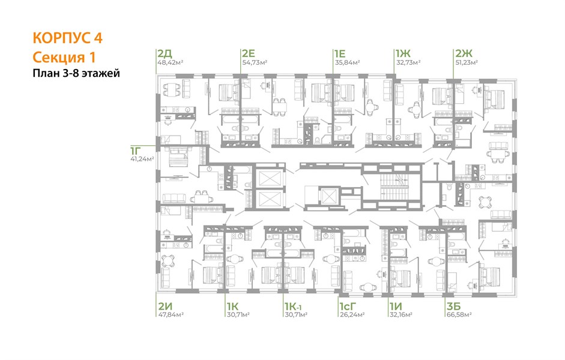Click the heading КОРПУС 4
67,38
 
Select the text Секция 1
64,57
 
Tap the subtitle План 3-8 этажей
76,73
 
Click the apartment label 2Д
165,53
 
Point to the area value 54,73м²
255,62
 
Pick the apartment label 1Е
339,53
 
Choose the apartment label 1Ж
403,53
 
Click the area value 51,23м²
467,62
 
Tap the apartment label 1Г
136,150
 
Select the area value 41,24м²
142,158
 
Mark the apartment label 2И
165,307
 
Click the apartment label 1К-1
293,307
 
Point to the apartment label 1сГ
348,307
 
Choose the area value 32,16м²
400,314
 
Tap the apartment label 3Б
454,307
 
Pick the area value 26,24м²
352,314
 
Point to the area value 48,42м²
170,62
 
